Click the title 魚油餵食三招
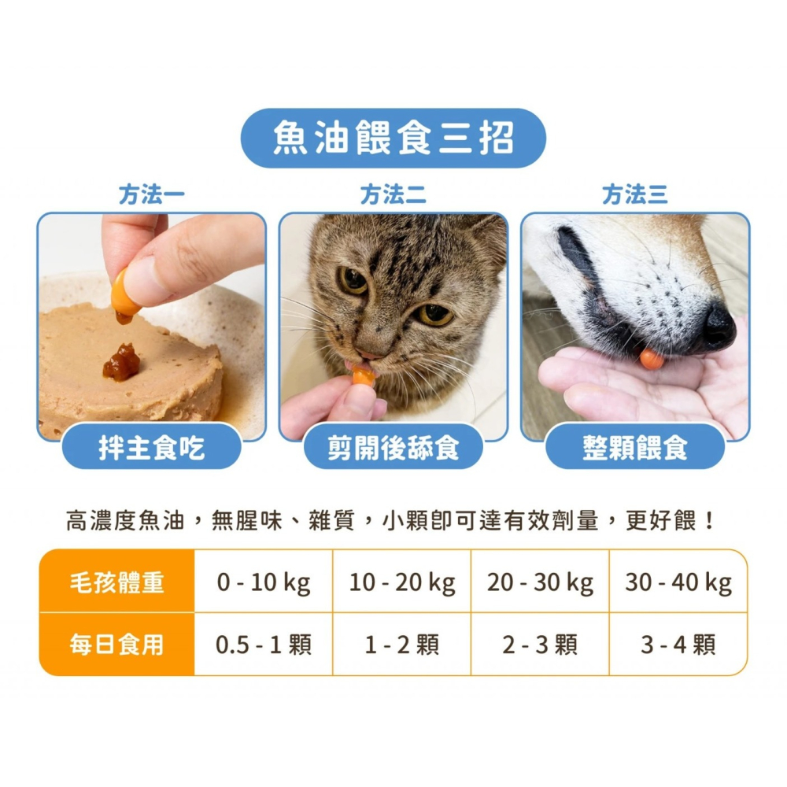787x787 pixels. click(393, 139)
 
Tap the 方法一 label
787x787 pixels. click(153, 194)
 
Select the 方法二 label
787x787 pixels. click(393, 194)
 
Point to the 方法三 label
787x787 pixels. click(634, 194)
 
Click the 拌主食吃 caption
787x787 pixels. click(152, 447)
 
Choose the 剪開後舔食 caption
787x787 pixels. click(393, 447)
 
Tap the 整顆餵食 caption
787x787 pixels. click(635, 447)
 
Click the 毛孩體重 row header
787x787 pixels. click(116, 582)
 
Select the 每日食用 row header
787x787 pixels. click(116, 645)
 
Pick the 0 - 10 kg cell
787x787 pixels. click(264, 582)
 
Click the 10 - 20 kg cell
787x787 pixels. click(402, 582)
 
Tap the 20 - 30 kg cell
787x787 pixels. click(540, 582)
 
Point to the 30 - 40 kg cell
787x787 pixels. click(678, 582)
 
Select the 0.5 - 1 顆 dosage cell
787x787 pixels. click(264, 645)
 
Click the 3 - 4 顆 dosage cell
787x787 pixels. click(678, 645)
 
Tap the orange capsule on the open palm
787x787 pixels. click(651, 359)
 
